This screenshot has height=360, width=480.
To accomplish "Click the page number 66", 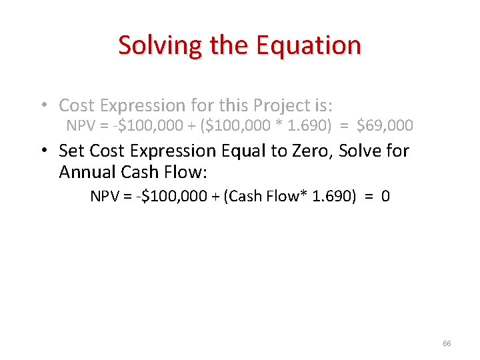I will (447, 343).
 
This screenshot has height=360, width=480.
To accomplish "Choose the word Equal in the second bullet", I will (238, 151).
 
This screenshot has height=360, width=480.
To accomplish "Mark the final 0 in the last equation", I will (386, 197).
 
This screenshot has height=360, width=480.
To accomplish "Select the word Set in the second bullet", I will (71, 151).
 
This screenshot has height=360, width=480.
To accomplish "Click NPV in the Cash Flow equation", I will (105, 197).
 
